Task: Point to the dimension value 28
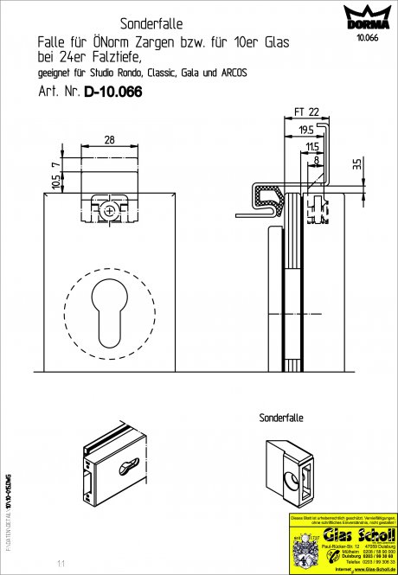point(109,138)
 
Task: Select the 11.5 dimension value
point(311,148)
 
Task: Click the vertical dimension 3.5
point(356,162)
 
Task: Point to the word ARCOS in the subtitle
point(232,73)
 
